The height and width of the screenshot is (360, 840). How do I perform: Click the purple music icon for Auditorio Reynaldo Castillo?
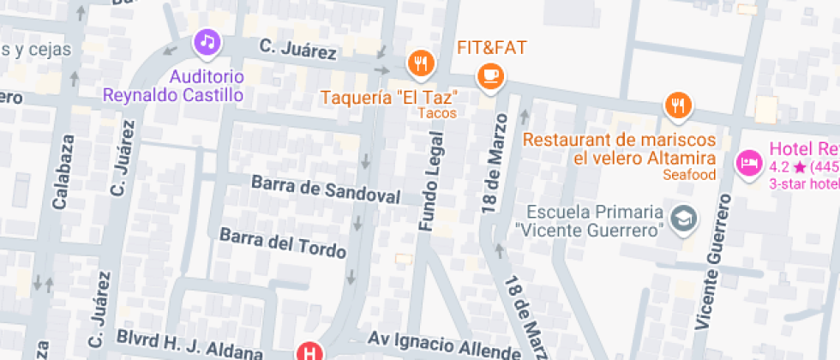pyautogui.click(x=207, y=41)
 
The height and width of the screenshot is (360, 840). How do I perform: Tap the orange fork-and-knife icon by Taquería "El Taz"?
pyautogui.click(x=420, y=62)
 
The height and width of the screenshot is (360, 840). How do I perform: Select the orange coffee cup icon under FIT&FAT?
pyautogui.click(x=491, y=75)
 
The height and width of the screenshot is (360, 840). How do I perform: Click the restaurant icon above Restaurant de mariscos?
pyautogui.click(x=678, y=105)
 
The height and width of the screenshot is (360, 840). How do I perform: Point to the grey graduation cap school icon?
pyautogui.click(x=684, y=219)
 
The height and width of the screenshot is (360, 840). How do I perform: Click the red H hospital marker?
pyautogui.click(x=309, y=351)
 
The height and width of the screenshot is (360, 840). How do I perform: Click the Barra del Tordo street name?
pyautogui.click(x=283, y=243)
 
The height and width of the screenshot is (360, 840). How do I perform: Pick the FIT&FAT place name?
pyautogui.click(x=491, y=47)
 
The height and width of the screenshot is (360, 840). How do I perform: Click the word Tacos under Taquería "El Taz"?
pyautogui.click(x=437, y=112)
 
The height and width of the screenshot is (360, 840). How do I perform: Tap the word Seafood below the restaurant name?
pyautogui.click(x=689, y=175)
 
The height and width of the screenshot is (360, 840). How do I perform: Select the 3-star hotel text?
pyautogui.click(x=803, y=183)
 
